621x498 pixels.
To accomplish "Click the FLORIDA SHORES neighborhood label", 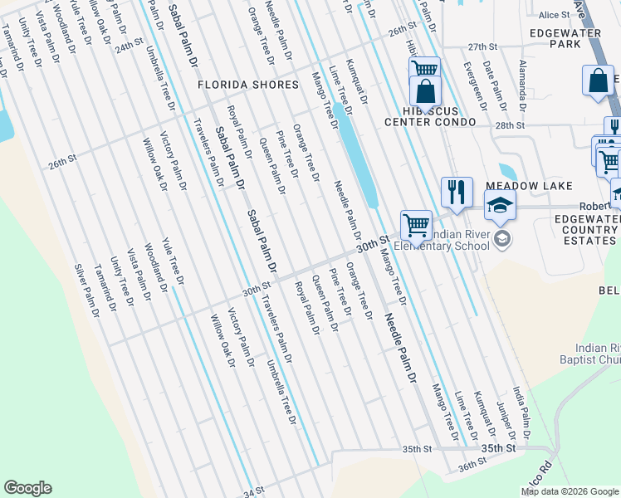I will coord(247,85).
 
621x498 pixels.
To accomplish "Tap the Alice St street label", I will coord(550,15).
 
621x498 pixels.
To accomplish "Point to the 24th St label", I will coord(130,46).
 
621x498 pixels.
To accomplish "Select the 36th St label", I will coord(472,466).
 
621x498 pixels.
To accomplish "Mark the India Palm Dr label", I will coord(521,412).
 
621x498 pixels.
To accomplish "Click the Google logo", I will coord(27,488).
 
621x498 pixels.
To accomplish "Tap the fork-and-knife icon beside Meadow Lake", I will coord(457,193).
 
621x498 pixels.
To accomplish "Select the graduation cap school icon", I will coord(500,205).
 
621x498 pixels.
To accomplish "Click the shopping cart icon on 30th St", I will coord(416,224).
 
